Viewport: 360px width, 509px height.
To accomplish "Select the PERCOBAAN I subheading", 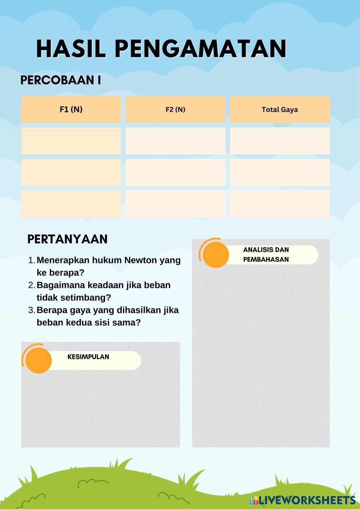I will pos(60,80).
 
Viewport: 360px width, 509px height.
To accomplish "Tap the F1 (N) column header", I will pos(71,109).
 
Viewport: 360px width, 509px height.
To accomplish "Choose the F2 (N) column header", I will pos(175,109).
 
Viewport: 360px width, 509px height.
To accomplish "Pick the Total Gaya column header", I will pos(280,109).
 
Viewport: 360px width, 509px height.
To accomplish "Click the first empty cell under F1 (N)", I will pos(71,141).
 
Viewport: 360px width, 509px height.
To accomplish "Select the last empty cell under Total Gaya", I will pos(280,204).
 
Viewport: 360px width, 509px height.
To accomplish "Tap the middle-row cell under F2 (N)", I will pos(175,172).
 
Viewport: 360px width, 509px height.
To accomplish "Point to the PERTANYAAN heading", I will pos(67,239).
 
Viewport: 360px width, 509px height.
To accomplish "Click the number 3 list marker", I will pos(31,310).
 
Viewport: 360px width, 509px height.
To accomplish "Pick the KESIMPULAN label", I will pos(88,357).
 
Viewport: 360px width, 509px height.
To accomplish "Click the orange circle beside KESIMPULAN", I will pos(39,360).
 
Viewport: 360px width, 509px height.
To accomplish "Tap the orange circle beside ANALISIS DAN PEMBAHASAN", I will pos(216,255).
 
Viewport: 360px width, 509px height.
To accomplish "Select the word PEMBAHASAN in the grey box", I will pos(266,260).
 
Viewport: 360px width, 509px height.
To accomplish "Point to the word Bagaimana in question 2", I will pos(58,285).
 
